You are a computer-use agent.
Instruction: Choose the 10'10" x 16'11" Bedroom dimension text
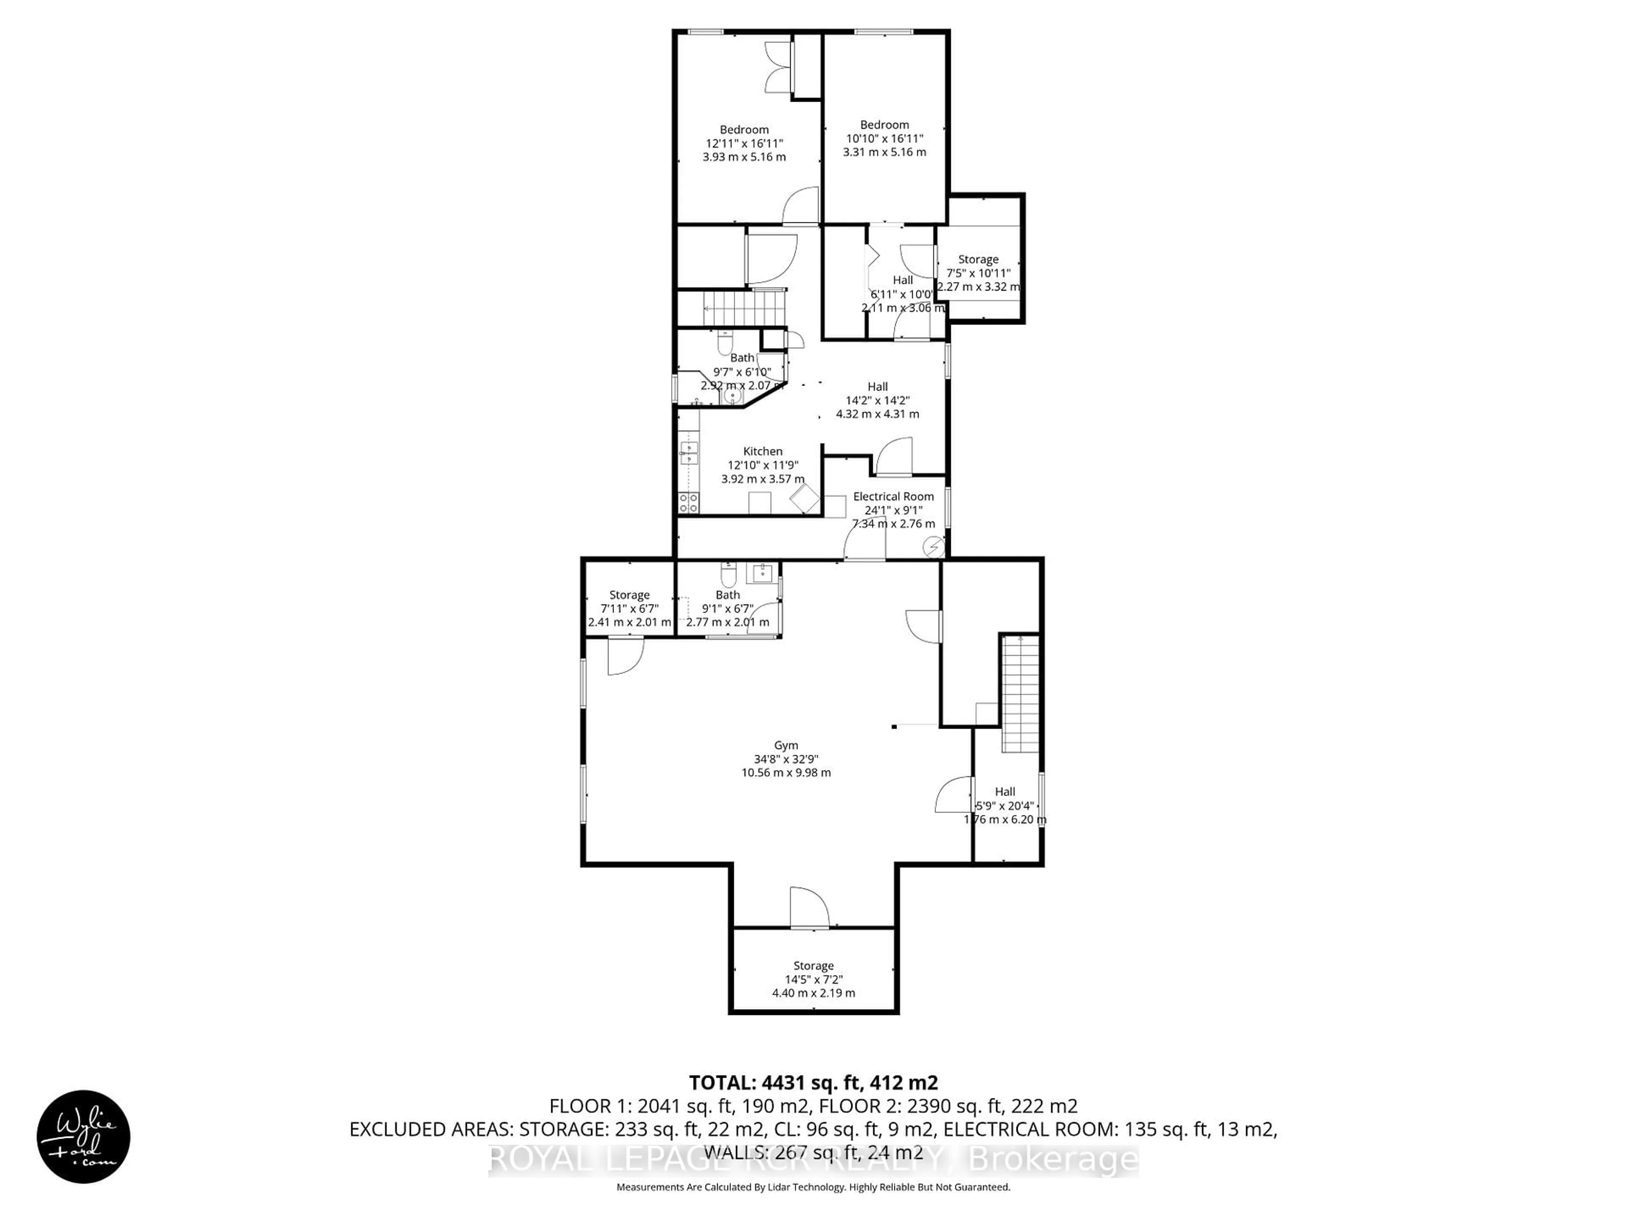pos(884,138)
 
